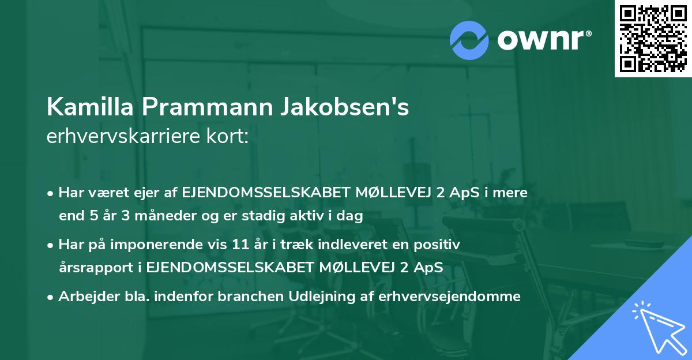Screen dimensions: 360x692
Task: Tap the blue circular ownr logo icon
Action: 469,40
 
